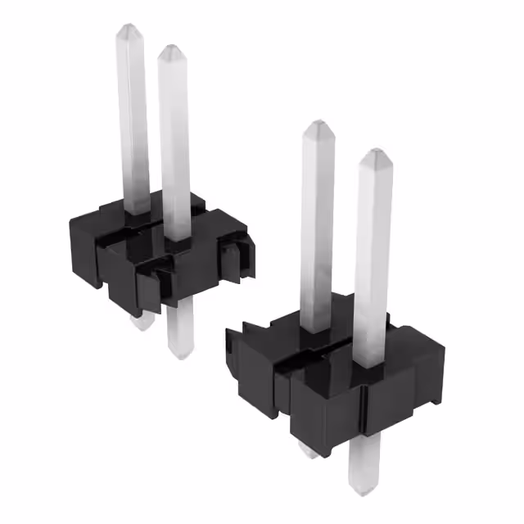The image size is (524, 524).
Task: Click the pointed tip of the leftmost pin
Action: pyautogui.click(x=129, y=30)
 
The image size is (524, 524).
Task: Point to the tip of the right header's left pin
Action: pyautogui.click(x=315, y=127)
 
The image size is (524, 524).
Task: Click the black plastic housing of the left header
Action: pyautogui.click(x=123, y=254)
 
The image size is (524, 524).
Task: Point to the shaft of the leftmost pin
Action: pyautogui.click(x=133, y=123)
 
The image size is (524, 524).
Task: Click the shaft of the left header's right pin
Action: pyautogui.click(x=175, y=147)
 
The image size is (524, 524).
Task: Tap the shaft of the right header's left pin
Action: pyautogui.click(x=317, y=229)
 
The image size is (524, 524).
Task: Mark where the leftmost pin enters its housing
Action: pyautogui.click(x=136, y=210)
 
